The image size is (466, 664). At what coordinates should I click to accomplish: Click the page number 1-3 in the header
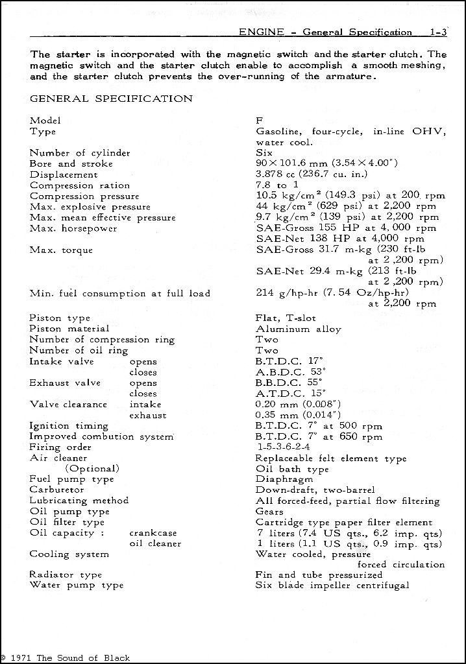point(438,32)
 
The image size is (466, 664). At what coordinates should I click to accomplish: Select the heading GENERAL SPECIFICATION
point(111,99)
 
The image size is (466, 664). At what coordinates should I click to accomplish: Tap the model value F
point(260,121)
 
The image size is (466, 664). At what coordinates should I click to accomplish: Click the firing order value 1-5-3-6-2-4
point(283,447)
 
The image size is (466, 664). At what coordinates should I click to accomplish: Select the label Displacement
point(64,174)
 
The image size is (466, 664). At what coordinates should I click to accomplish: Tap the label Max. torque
point(61,250)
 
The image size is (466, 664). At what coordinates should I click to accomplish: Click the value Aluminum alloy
point(299,329)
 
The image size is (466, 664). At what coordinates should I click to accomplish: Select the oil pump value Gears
point(271,512)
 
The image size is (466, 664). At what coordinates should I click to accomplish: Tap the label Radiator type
point(66,575)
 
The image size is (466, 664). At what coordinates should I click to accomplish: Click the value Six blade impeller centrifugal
point(332,586)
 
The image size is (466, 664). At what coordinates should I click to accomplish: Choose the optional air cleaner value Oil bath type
point(292,469)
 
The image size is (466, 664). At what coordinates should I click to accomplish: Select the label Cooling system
point(69,554)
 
